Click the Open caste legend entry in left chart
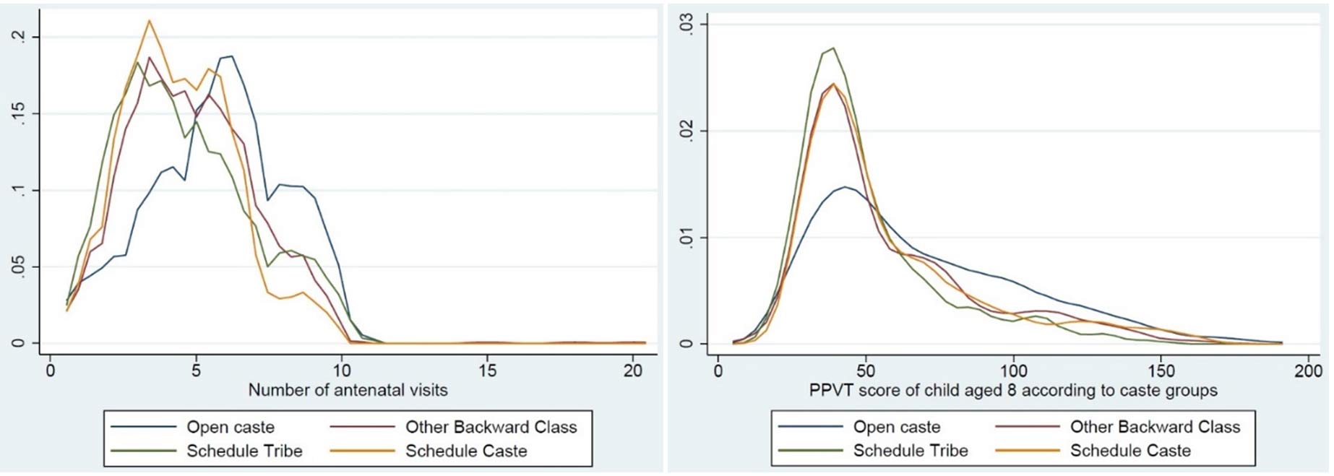tap(230, 427)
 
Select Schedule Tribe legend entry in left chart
tap(244, 451)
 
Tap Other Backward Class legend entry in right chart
tap(1154, 427)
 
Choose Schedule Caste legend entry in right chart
tap(1130, 451)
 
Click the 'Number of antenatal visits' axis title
tap(348, 390)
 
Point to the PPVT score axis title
tap(1013, 391)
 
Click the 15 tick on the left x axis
tap(488, 371)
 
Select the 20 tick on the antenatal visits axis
tap(633, 371)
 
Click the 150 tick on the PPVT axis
tap(1161, 371)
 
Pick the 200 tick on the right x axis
tap(1308, 371)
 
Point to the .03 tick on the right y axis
tap(686, 25)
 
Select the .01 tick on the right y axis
tap(686, 238)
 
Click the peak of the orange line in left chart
tap(150, 20)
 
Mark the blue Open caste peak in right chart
tap(844, 187)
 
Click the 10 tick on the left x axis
tap(342, 371)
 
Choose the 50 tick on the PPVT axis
tap(866, 371)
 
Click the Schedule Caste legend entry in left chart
tap(465, 451)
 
